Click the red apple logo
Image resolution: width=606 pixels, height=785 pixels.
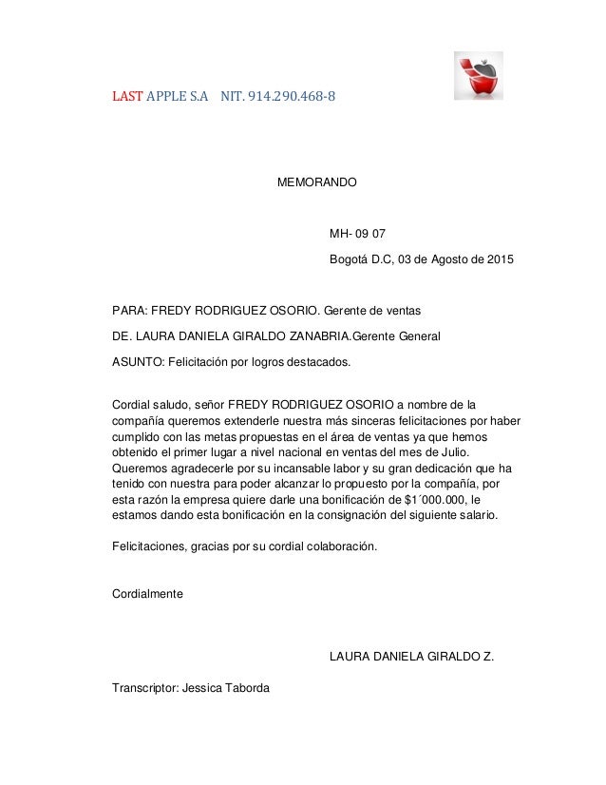click(478, 76)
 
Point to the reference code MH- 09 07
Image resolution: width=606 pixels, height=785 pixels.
click(358, 234)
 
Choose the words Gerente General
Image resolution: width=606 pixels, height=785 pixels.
click(396, 335)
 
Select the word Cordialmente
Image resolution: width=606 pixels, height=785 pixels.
click(148, 594)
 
